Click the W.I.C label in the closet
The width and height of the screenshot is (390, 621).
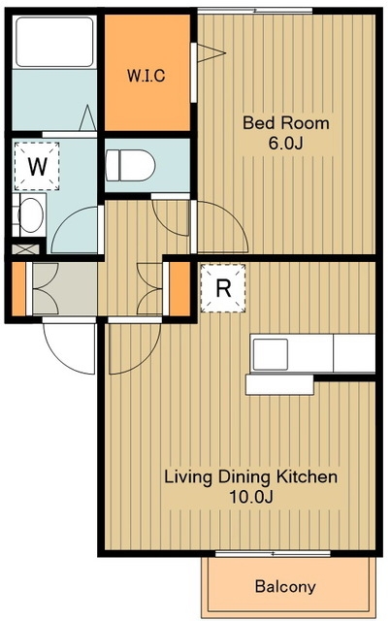click(x=146, y=76)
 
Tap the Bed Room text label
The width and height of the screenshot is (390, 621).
click(x=286, y=123)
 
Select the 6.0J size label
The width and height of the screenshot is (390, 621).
click(x=286, y=144)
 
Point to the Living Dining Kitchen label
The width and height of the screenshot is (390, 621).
click(x=251, y=476)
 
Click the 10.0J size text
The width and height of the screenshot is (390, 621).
click(x=251, y=497)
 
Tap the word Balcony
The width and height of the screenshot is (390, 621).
click(x=285, y=586)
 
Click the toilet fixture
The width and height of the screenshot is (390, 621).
click(x=130, y=165)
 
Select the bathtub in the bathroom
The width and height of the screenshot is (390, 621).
click(x=54, y=42)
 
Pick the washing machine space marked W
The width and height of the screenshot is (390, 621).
click(x=37, y=166)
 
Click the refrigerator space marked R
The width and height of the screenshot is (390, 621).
click(x=223, y=288)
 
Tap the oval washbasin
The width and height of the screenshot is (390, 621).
click(x=31, y=215)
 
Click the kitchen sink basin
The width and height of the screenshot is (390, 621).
click(x=271, y=354)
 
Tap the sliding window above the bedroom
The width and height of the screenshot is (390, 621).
click(x=255, y=11)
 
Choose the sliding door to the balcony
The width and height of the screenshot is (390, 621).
click(x=273, y=553)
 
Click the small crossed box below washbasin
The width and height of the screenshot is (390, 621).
click(x=26, y=249)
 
